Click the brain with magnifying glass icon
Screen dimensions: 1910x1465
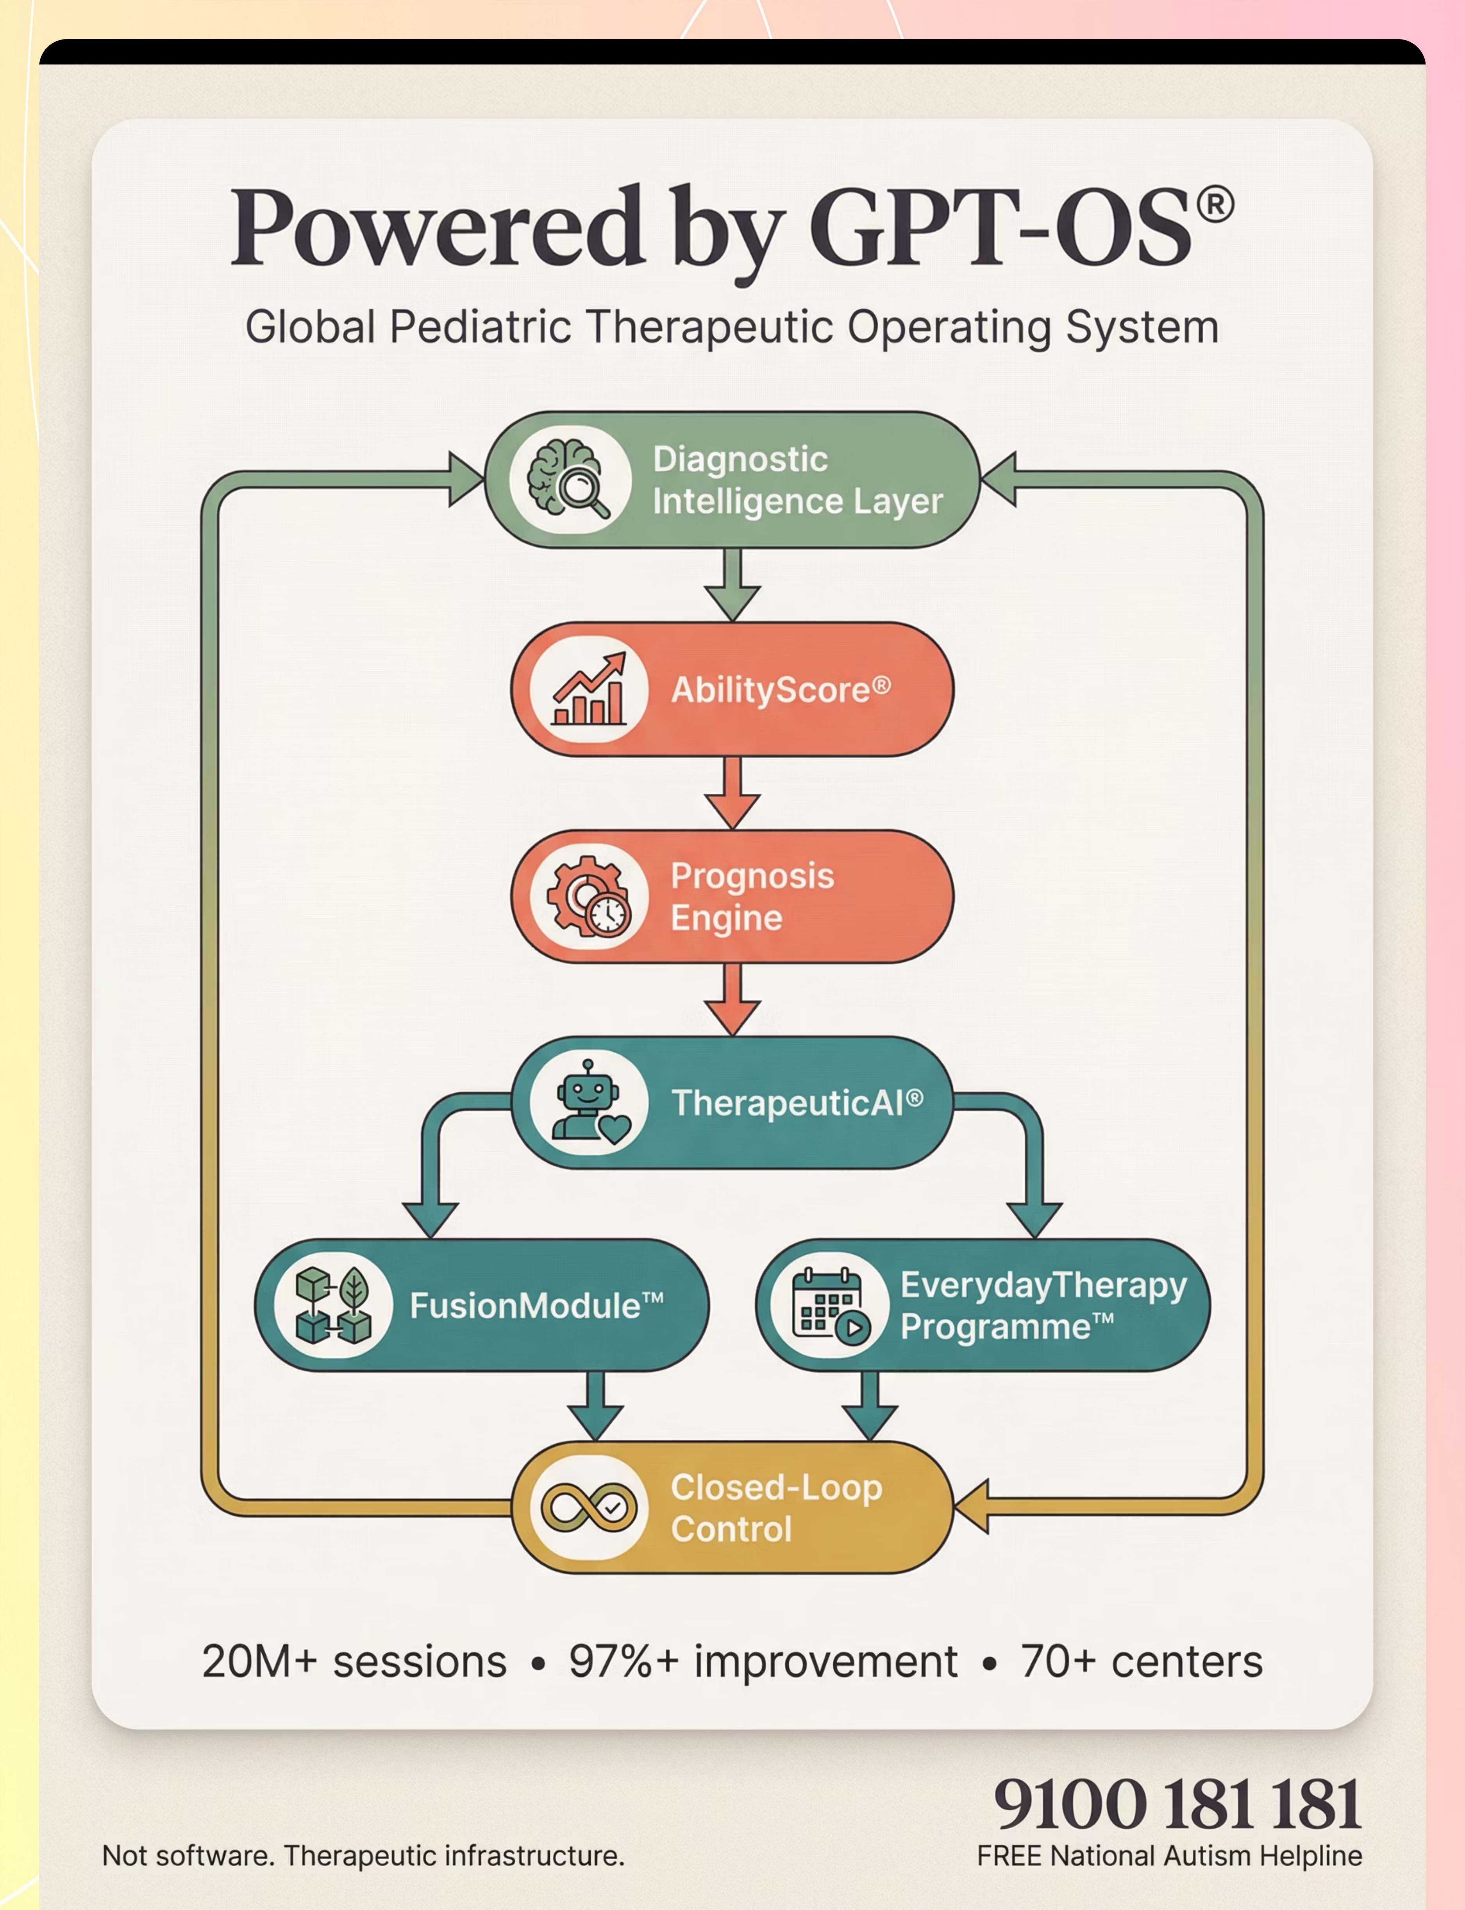pyautogui.click(x=568, y=480)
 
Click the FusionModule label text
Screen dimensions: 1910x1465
pyautogui.click(x=536, y=1306)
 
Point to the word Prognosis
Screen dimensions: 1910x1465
pyautogui.click(x=752, y=875)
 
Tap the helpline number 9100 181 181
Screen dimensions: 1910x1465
pyautogui.click(x=1177, y=1804)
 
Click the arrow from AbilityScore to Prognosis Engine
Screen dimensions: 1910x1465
pyautogui.click(x=733, y=792)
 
